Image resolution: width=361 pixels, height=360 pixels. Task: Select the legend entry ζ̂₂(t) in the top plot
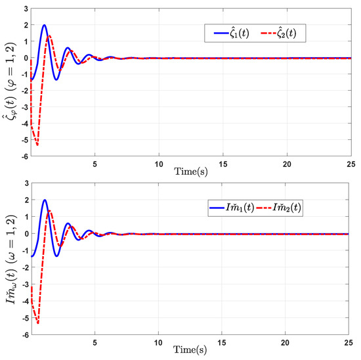pyautogui.click(x=289, y=32)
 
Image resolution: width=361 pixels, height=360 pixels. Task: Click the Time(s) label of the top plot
pyautogui.click(x=190, y=170)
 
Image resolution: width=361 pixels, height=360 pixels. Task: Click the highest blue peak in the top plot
pyautogui.click(x=45, y=25)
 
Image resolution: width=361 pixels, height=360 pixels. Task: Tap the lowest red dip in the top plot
pyautogui.click(x=37, y=145)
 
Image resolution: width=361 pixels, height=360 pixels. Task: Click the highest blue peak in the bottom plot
pyautogui.click(x=45, y=200)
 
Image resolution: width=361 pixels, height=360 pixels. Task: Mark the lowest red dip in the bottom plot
pyautogui.click(x=37, y=323)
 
